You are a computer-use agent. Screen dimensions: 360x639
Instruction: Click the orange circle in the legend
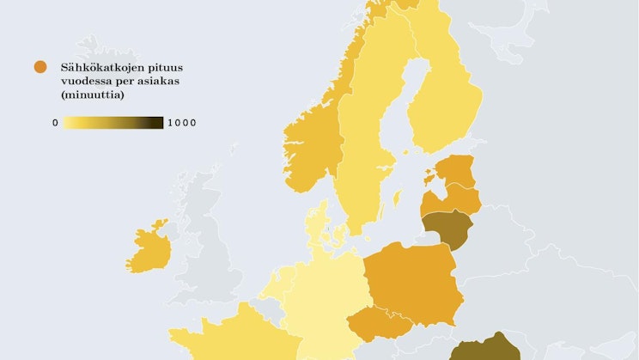pyautogui.click(x=39, y=67)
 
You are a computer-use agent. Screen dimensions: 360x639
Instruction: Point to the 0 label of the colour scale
pyautogui.click(x=55, y=123)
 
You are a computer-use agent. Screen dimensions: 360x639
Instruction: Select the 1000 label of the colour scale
pyautogui.click(x=181, y=123)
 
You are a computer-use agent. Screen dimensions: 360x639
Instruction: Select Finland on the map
pyautogui.click(x=442, y=103)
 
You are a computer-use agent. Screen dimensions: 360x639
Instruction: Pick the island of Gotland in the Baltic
pyautogui.click(x=396, y=199)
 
